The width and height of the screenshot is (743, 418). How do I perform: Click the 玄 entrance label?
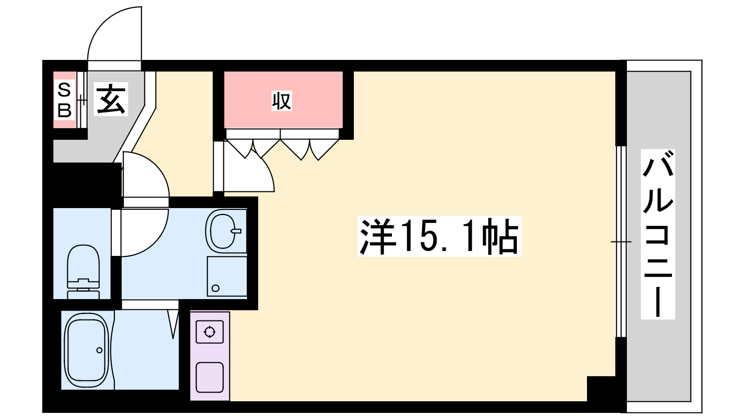click(111, 99)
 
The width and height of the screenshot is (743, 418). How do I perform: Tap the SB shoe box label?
click(65, 100)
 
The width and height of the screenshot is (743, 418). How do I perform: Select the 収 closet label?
click(281, 101)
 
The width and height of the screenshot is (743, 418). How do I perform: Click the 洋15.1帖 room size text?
click(439, 236)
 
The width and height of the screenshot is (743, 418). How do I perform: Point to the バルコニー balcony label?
click(658, 234)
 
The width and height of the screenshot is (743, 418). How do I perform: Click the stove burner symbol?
click(209, 332)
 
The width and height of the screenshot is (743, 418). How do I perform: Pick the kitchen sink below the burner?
click(209, 378)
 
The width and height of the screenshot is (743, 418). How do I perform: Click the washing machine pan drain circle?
click(215, 288)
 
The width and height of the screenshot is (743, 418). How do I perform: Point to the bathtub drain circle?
click(99, 350)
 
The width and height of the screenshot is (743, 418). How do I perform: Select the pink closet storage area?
click(283, 99)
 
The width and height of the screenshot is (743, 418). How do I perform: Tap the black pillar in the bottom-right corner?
click(601, 389)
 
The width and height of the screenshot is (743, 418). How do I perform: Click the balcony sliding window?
click(621, 242)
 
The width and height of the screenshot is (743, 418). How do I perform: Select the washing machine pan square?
click(227, 276)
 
